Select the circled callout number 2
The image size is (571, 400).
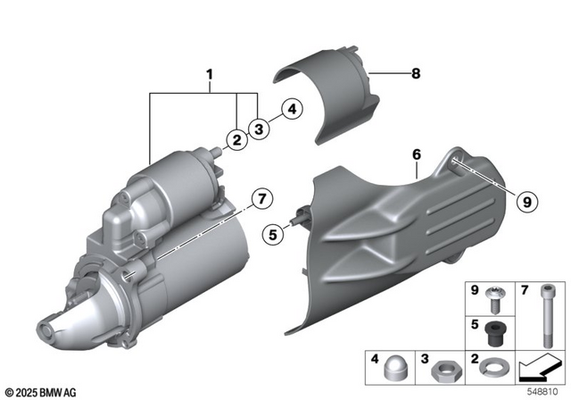[236, 139]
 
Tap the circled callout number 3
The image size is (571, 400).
[259, 129]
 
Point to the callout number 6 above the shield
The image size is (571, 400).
[416, 155]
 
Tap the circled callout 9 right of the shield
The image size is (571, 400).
[525, 202]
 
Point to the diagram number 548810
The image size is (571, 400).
[544, 391]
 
